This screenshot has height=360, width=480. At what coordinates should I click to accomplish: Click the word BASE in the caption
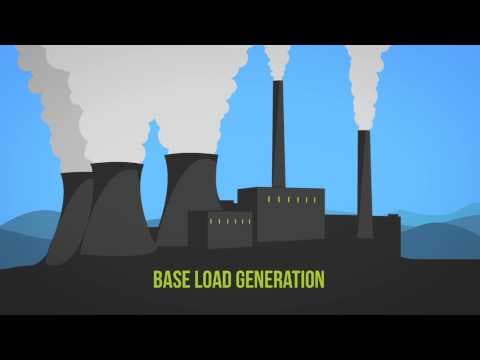[x=172, y=279]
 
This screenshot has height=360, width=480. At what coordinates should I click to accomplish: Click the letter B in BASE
[x=156, y=279]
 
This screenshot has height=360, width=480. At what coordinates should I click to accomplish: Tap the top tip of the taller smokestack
[x=277, y=83]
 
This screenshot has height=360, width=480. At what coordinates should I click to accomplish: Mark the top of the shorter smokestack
[x=364, y=131]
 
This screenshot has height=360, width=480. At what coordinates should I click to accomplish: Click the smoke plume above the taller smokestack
[x=277, y=62]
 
